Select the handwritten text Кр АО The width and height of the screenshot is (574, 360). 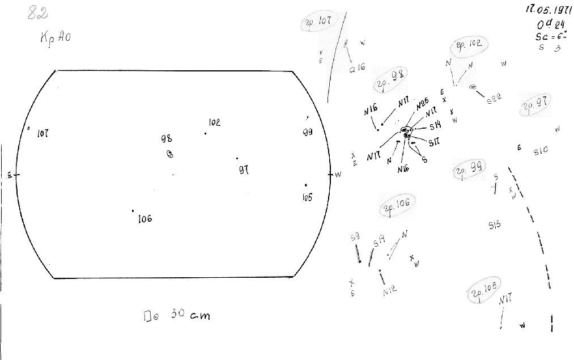point(56,38)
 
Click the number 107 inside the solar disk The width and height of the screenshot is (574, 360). point(42,134)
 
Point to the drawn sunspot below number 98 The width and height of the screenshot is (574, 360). point(169,154)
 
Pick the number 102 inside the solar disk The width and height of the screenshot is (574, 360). point(214,122)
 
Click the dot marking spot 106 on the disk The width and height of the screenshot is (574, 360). point(133,211)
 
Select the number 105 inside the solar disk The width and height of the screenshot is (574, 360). point(307,197)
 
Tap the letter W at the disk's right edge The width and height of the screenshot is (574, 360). point(338,175)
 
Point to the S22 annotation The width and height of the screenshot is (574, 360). point(495,99)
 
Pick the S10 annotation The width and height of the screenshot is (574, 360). point(541,151)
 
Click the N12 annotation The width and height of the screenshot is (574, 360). point(389,290)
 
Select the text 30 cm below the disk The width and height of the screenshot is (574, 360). point(190,315)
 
